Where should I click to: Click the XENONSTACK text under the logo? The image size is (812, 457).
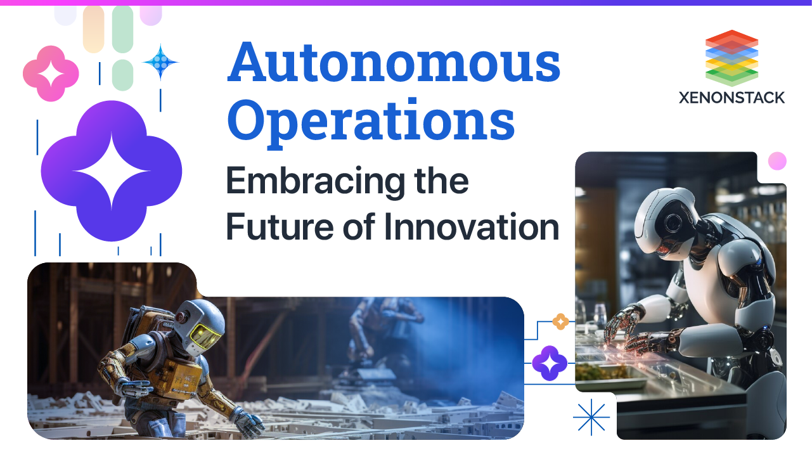[x=731, y=98]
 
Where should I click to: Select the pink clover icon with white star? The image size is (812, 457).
[x=51, y=74]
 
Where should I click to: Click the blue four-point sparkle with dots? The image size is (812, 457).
[x=161, y=62]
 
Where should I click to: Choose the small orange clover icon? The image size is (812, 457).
[x=560, y=322]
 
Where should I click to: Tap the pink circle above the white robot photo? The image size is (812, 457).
[x=777, y=161]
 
